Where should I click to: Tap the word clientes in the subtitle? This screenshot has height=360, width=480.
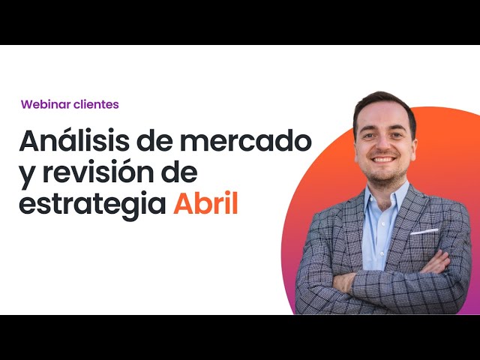coord(95,104)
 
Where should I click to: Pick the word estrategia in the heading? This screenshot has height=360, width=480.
coord(91,205)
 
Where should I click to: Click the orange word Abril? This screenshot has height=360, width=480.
coord(205,204)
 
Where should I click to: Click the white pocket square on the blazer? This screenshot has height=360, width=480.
coord(424,232)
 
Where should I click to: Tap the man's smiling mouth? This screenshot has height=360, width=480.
coord(383,159)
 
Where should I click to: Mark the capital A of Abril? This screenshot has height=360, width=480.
coord(184,204)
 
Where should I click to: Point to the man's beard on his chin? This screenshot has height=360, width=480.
coord(384,174)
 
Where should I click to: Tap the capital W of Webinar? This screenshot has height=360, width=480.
coord(27,104)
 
